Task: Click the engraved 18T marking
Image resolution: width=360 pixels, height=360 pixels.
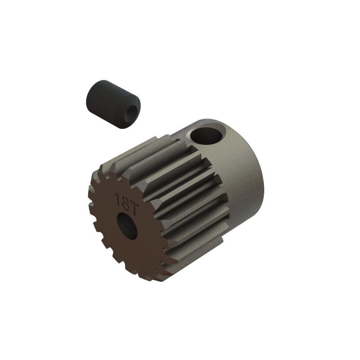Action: click(123, 199)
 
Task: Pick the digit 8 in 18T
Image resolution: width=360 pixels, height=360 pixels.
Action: click(122, 199)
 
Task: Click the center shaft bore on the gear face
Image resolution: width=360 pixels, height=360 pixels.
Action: click(127, 226)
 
